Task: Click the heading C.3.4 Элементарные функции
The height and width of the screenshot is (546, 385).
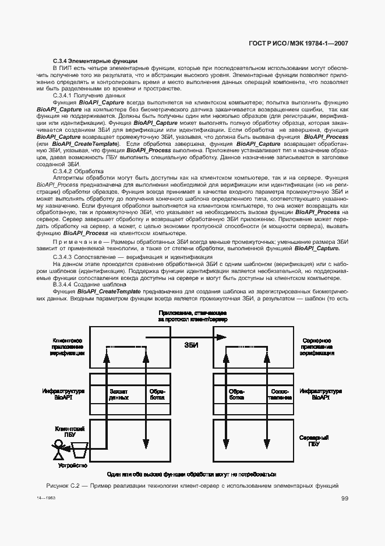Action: (x=95, y=61)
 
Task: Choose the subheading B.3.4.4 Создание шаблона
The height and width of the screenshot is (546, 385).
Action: (x=90, y=284)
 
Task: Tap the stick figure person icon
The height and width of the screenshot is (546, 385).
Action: (x=58, y=449)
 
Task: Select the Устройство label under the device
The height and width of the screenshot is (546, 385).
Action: (x=73, y=466)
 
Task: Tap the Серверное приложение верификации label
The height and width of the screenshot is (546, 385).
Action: (x=317, y=346)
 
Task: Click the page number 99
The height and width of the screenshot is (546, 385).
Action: (x=345, y=498)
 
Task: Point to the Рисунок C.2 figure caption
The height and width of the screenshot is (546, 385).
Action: (x=192, y=485)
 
